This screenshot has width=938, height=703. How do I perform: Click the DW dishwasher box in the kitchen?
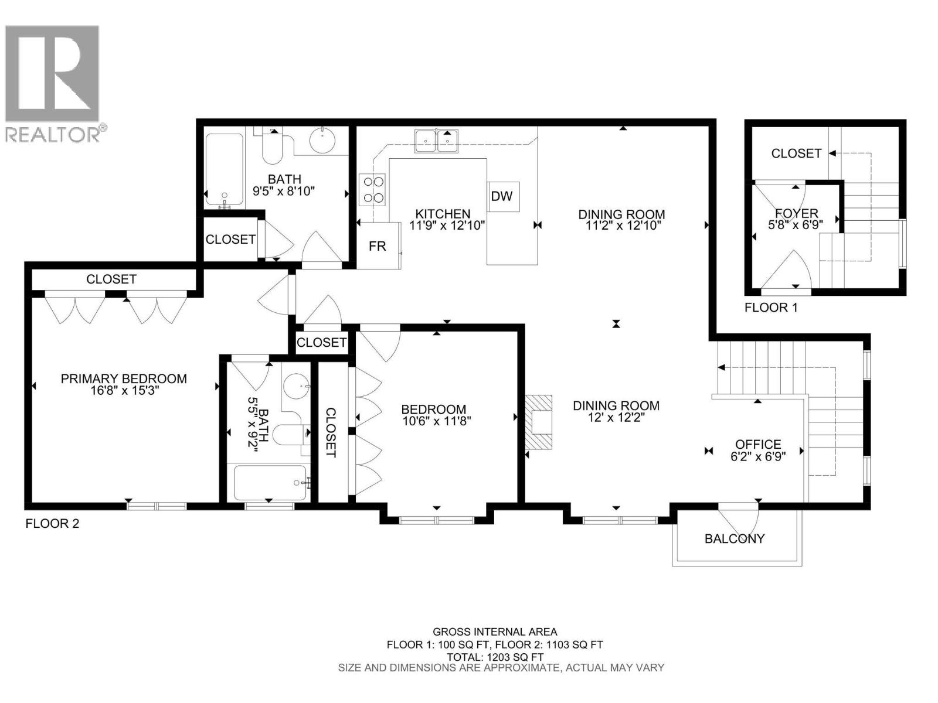click(x=502, y=196)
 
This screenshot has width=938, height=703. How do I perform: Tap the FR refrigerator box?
click(x=378, y=246)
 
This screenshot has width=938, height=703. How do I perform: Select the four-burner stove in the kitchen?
click(x=373, y=189)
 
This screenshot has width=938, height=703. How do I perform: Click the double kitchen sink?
click(x=436, y=141)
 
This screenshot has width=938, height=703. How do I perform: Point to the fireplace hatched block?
click(x=538, y=422)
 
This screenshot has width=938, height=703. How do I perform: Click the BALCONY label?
click(x=735, y=539)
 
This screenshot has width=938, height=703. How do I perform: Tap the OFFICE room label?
click(x=758, y=445)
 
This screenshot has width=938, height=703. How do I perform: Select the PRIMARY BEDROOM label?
click(x=124, y=379)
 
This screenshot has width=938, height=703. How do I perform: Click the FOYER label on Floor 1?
click(x=796, y=214)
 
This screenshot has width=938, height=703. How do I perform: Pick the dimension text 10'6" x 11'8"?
click(x=436, y=420)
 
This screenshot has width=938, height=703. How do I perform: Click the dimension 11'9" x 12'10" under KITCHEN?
click(x=447, y=225)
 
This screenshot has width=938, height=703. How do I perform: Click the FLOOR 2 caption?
click(x=52, y=524)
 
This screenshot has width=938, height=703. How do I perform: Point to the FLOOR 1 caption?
click(x=771, y=308)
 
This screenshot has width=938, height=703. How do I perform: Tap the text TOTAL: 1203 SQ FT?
click(x=495, y=657)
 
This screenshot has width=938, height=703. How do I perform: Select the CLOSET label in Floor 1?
click(x=796, y=153)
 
